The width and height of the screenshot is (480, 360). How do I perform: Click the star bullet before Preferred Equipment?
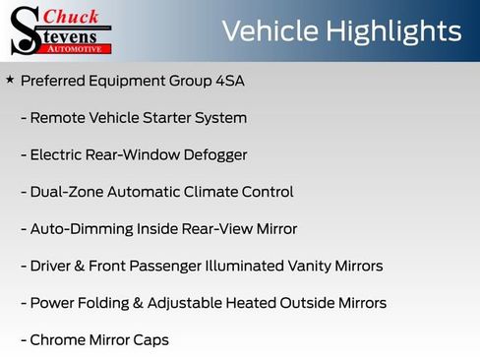(10, 80)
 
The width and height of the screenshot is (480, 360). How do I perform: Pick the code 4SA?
(226, 81)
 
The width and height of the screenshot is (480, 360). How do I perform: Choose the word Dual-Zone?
(66, 192)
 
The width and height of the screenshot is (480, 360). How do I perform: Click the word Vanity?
(299, 267)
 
